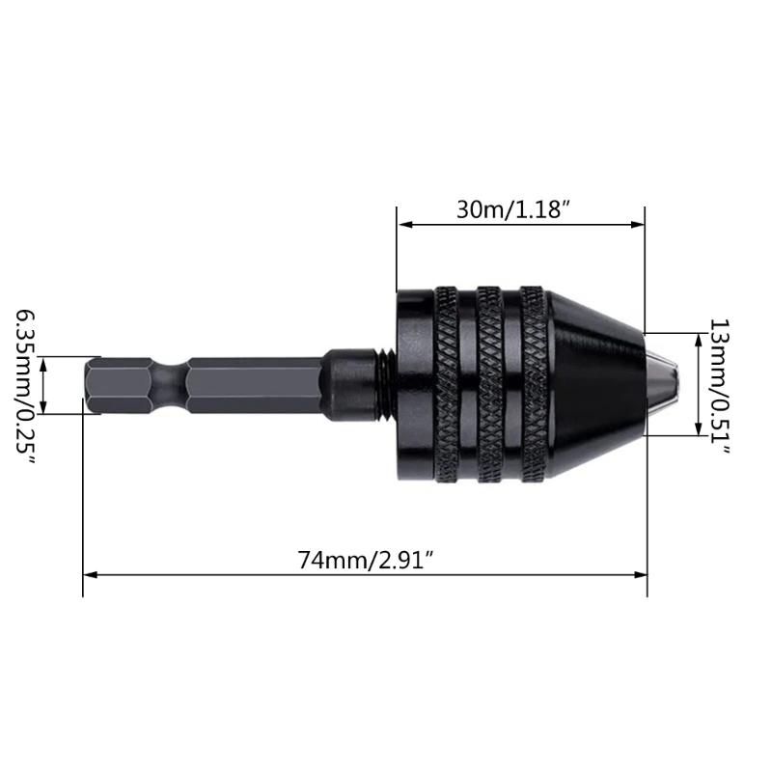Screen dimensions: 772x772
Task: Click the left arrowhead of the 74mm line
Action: coord(90,576)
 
